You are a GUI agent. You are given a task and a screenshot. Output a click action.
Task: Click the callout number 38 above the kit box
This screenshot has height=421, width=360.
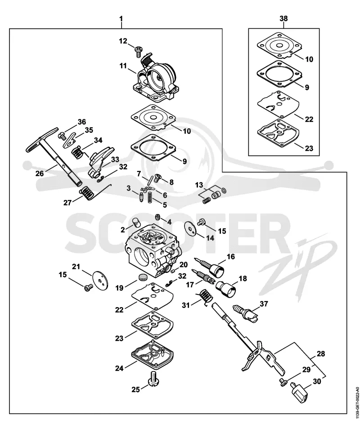(x=283, y=18)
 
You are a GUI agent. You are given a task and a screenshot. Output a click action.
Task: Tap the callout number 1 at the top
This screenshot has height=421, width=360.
(x=121, y=18)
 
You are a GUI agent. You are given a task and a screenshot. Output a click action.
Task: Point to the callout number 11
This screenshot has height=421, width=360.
(x=123, y=65)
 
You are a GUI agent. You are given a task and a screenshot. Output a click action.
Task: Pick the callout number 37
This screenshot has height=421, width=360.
(x=264, y=304)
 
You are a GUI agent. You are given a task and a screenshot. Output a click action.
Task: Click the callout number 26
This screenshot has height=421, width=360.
(x=40, y=173)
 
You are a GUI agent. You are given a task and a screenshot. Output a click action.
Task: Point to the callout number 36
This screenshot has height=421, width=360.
(x=81, y=122)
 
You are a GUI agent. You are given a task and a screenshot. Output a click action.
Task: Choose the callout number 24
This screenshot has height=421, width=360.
(x=119, y=368)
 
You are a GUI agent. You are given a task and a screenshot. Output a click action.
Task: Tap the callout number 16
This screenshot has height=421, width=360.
(x=230, y=257)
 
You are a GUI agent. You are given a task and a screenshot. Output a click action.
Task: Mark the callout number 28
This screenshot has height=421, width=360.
(x=321, y=354)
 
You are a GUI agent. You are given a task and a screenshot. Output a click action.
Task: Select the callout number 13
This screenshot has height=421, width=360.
(x=199, y=185)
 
